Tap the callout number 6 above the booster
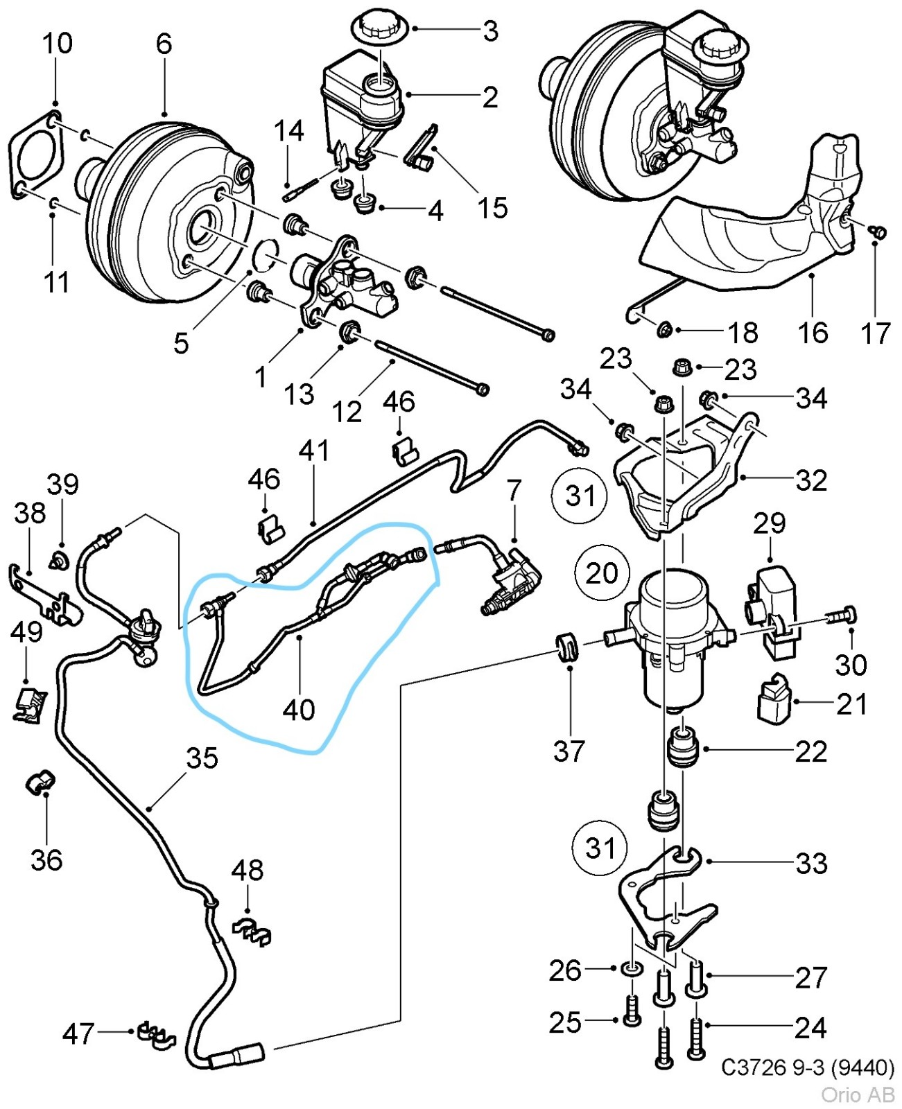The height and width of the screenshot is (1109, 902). click(164, 44)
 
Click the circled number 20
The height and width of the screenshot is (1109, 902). click(601, 573)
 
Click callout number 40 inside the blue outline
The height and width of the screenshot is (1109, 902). click(299, 709)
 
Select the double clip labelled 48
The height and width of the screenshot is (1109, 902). click(252, 932)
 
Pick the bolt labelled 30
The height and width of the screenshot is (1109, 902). click(840, 615)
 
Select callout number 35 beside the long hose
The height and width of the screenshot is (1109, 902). click(202, 758)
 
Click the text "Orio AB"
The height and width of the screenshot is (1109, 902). click(858, 1094)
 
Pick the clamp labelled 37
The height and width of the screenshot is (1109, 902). click(568, 647)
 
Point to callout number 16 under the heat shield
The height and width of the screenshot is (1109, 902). click(813, 333)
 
